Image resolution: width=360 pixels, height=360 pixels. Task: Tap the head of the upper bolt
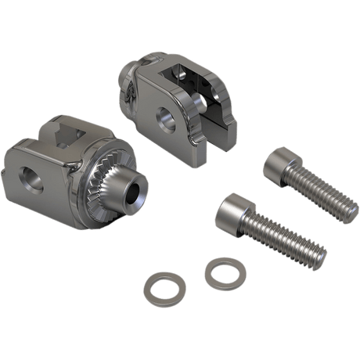click(x=279, y=167)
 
